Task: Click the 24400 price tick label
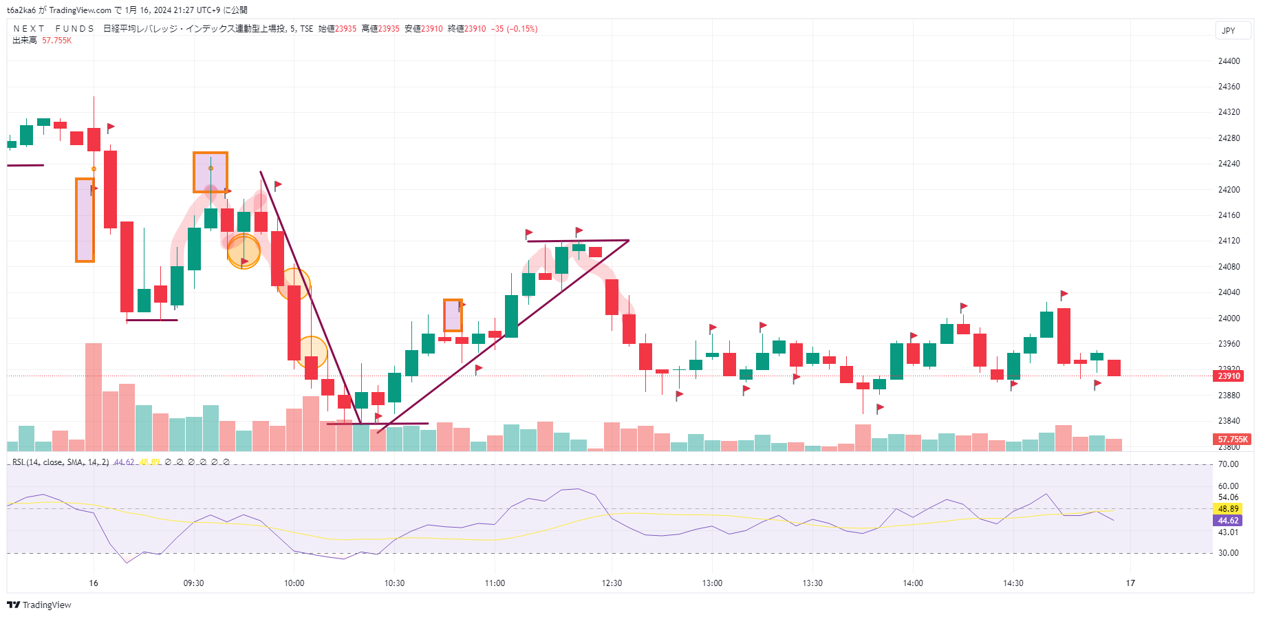[1229, 61]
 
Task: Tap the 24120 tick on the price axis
[1229, 241]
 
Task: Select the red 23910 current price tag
[1229, 376]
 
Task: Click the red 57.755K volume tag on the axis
[1232, 440]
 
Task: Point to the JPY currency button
[1229, 31]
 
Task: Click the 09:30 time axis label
[193, 583]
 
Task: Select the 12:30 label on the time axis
[612, 583]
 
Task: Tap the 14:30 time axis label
[1013, 583]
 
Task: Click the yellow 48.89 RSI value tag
[1228, 509]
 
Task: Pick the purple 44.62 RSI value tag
[1228, 521]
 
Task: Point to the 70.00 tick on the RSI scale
[1228, 464]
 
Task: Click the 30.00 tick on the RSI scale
[1228, 553]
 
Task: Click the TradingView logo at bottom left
[39, 605]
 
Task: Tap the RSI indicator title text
[61, 462]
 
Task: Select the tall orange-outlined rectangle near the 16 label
[85, 220]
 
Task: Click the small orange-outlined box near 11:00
[453, 315]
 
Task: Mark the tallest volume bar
[94, 397]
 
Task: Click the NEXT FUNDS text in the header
[54, 29]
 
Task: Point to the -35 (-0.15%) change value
[514, 29]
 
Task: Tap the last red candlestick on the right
[1114, 368]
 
